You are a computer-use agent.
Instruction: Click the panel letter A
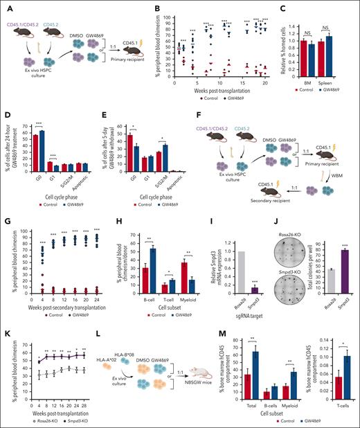[6, 6]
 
